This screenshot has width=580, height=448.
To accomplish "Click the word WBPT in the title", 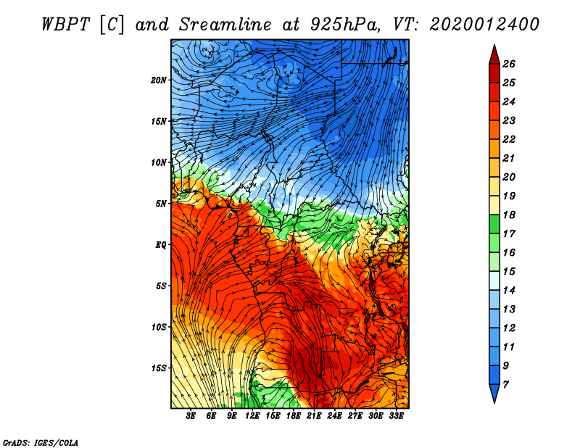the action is (x=65, y=25).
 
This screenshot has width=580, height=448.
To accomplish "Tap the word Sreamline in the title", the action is (x=225, y=25).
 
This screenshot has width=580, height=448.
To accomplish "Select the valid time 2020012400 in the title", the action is (x=484, y=25).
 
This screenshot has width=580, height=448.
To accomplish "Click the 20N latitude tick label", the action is (x=159, y=80).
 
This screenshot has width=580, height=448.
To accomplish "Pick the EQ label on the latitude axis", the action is (x=160, y=245).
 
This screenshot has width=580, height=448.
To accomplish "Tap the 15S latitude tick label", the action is (x=159, y=368).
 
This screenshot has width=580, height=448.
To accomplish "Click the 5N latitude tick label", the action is (x=161, y=204).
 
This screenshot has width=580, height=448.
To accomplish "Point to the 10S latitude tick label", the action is (x=159, y=327).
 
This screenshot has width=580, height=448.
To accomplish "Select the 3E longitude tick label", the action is (x=191, y=416).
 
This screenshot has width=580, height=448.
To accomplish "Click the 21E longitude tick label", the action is (x=314, y=416).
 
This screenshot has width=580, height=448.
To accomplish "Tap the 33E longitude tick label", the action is (x=396, y=416).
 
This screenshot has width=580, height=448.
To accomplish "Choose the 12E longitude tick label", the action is (x=252, y=416).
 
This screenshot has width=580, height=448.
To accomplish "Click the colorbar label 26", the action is (x=509, y=64).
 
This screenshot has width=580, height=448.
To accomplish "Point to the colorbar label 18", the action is (x=509, y=215).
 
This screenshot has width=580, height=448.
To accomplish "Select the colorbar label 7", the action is (x=506, y=385).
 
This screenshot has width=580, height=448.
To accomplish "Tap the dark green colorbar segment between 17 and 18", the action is (x=494, y=224).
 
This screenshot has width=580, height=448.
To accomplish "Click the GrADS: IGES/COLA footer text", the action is (x=41, y=442).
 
